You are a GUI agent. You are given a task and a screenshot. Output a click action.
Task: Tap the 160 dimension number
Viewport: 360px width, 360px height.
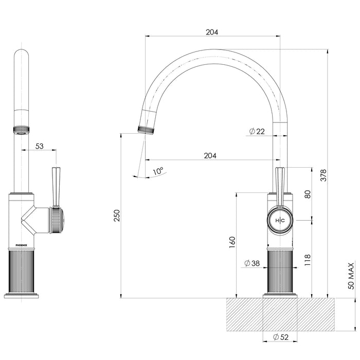pos(232,242)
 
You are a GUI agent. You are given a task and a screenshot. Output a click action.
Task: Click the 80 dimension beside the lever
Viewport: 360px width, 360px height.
pos(308,194)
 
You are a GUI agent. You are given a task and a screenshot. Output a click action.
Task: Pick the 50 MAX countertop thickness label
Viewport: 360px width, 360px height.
pos(351,276)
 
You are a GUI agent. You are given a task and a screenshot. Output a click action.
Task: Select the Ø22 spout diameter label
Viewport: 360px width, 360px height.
pos(257,132)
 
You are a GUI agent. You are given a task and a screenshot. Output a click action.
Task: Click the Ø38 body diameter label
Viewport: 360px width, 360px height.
pos(251,263)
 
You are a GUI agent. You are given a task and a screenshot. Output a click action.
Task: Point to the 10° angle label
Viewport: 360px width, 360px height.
pos(157,170)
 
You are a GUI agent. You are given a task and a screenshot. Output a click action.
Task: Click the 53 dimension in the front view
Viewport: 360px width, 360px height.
pos(40,146)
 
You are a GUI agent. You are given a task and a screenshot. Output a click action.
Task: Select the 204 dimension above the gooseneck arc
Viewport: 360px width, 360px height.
pos(212,32)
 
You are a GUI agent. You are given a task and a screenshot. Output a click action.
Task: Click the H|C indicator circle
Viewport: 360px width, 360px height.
pos(280,220)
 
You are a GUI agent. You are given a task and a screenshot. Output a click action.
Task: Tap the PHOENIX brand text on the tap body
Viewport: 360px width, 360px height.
pos(22,246)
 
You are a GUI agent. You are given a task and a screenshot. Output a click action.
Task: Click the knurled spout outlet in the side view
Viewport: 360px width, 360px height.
pos(147,128)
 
